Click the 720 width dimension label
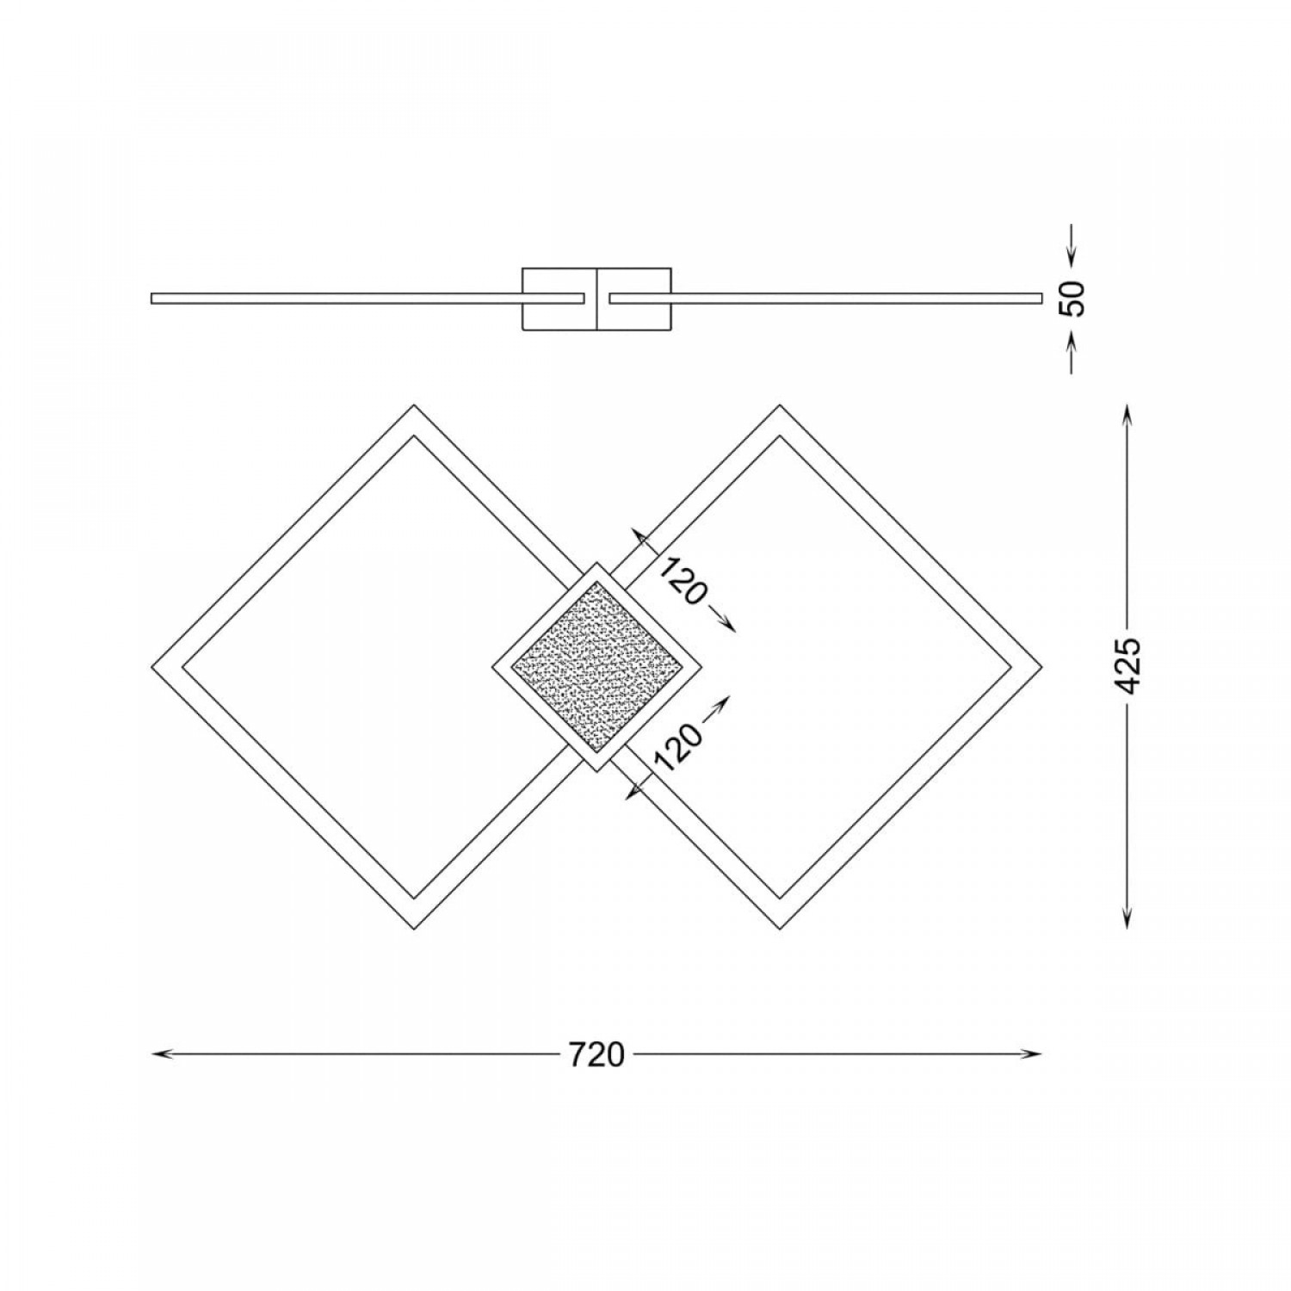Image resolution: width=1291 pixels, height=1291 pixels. pyautogui.click(x=596, y=1053)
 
